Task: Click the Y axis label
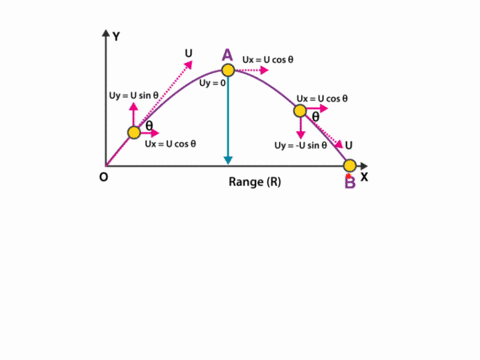click(117, 37)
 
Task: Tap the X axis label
click(365, 176)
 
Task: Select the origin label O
click(103, 177)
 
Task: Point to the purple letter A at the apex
click(227, 54)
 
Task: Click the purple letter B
click(350, 182)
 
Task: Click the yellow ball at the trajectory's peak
click(228, 70)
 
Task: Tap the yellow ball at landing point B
click(350, 165)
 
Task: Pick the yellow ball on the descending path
click(299, 111)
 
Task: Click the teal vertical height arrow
click(228, 120)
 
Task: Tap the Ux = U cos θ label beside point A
click(268, 59)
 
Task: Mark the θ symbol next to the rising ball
click(149, 127)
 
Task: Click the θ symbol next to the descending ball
click(315, 117)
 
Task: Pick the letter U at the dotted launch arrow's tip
click(188, 52)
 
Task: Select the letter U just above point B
click(348, 145)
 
